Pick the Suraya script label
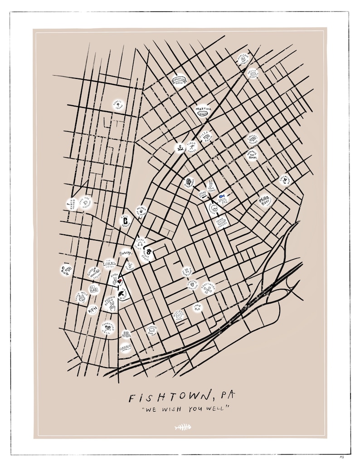(x=126, y=253)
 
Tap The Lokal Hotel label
(x=109, y=264)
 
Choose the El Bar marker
(x=94, y=289)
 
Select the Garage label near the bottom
(x=126, y=348)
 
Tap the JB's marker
(x=126, y=335)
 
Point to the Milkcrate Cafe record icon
(x=179, y=315)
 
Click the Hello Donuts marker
(x=253, y=73)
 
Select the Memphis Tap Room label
(x=252, y=155)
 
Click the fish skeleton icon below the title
(x=182, y=427)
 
